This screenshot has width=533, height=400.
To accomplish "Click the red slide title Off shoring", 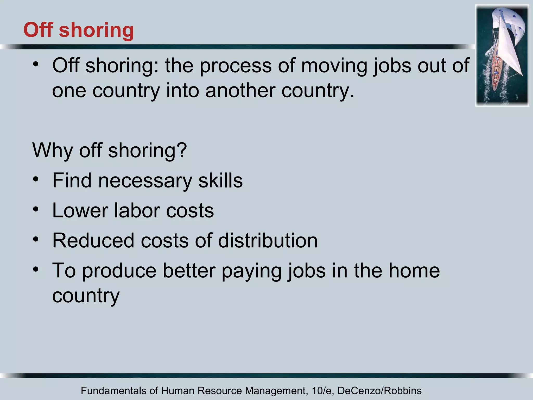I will [79, 30].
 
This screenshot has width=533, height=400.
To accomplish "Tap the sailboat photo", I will [502, 55].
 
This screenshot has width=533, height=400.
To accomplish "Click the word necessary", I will [145, 180].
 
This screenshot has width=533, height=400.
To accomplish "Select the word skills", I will [220, 180].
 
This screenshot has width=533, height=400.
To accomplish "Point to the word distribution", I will [268, 240].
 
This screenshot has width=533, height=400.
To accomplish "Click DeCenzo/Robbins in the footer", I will [379, 391].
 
